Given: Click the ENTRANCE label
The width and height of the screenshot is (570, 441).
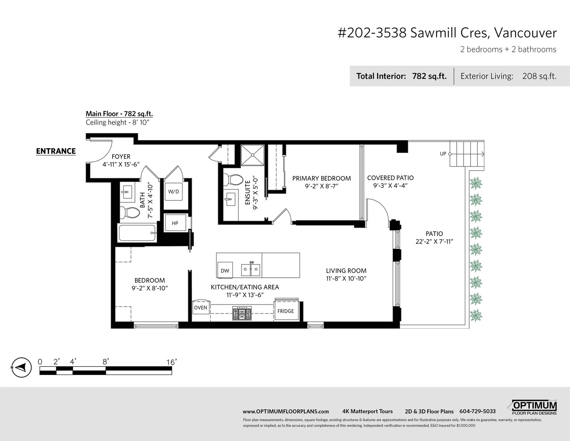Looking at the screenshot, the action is coord(56,151).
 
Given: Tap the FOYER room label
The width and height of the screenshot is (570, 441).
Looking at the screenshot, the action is coord(121,157).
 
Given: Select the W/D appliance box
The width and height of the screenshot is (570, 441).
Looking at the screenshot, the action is coord(173,192).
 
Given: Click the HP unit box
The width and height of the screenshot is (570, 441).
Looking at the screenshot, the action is coord(175,223).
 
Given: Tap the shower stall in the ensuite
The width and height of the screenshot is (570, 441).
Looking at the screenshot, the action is coord(252,155).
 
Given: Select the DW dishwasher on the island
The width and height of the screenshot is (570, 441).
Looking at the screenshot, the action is coord(225,270).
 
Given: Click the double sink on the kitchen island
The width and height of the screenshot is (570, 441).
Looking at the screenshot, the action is coord(251,270).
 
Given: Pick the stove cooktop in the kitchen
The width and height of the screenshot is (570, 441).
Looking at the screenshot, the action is coord(242,313).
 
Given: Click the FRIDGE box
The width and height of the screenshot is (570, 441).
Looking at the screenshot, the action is coord(286,311).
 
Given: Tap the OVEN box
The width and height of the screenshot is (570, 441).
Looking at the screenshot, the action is coord(201,307).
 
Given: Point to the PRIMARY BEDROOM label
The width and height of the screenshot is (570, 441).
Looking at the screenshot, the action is coord(322,179).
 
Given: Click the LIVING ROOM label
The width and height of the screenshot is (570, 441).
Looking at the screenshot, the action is coord(346,271).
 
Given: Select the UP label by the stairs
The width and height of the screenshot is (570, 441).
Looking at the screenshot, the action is coord(443,154).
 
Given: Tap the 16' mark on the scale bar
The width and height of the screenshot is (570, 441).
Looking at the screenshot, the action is coord(172,362).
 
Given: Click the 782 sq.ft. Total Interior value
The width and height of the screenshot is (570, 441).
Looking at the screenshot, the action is coord(429,76).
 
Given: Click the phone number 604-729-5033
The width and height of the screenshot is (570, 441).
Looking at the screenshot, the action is coord(477,411).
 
